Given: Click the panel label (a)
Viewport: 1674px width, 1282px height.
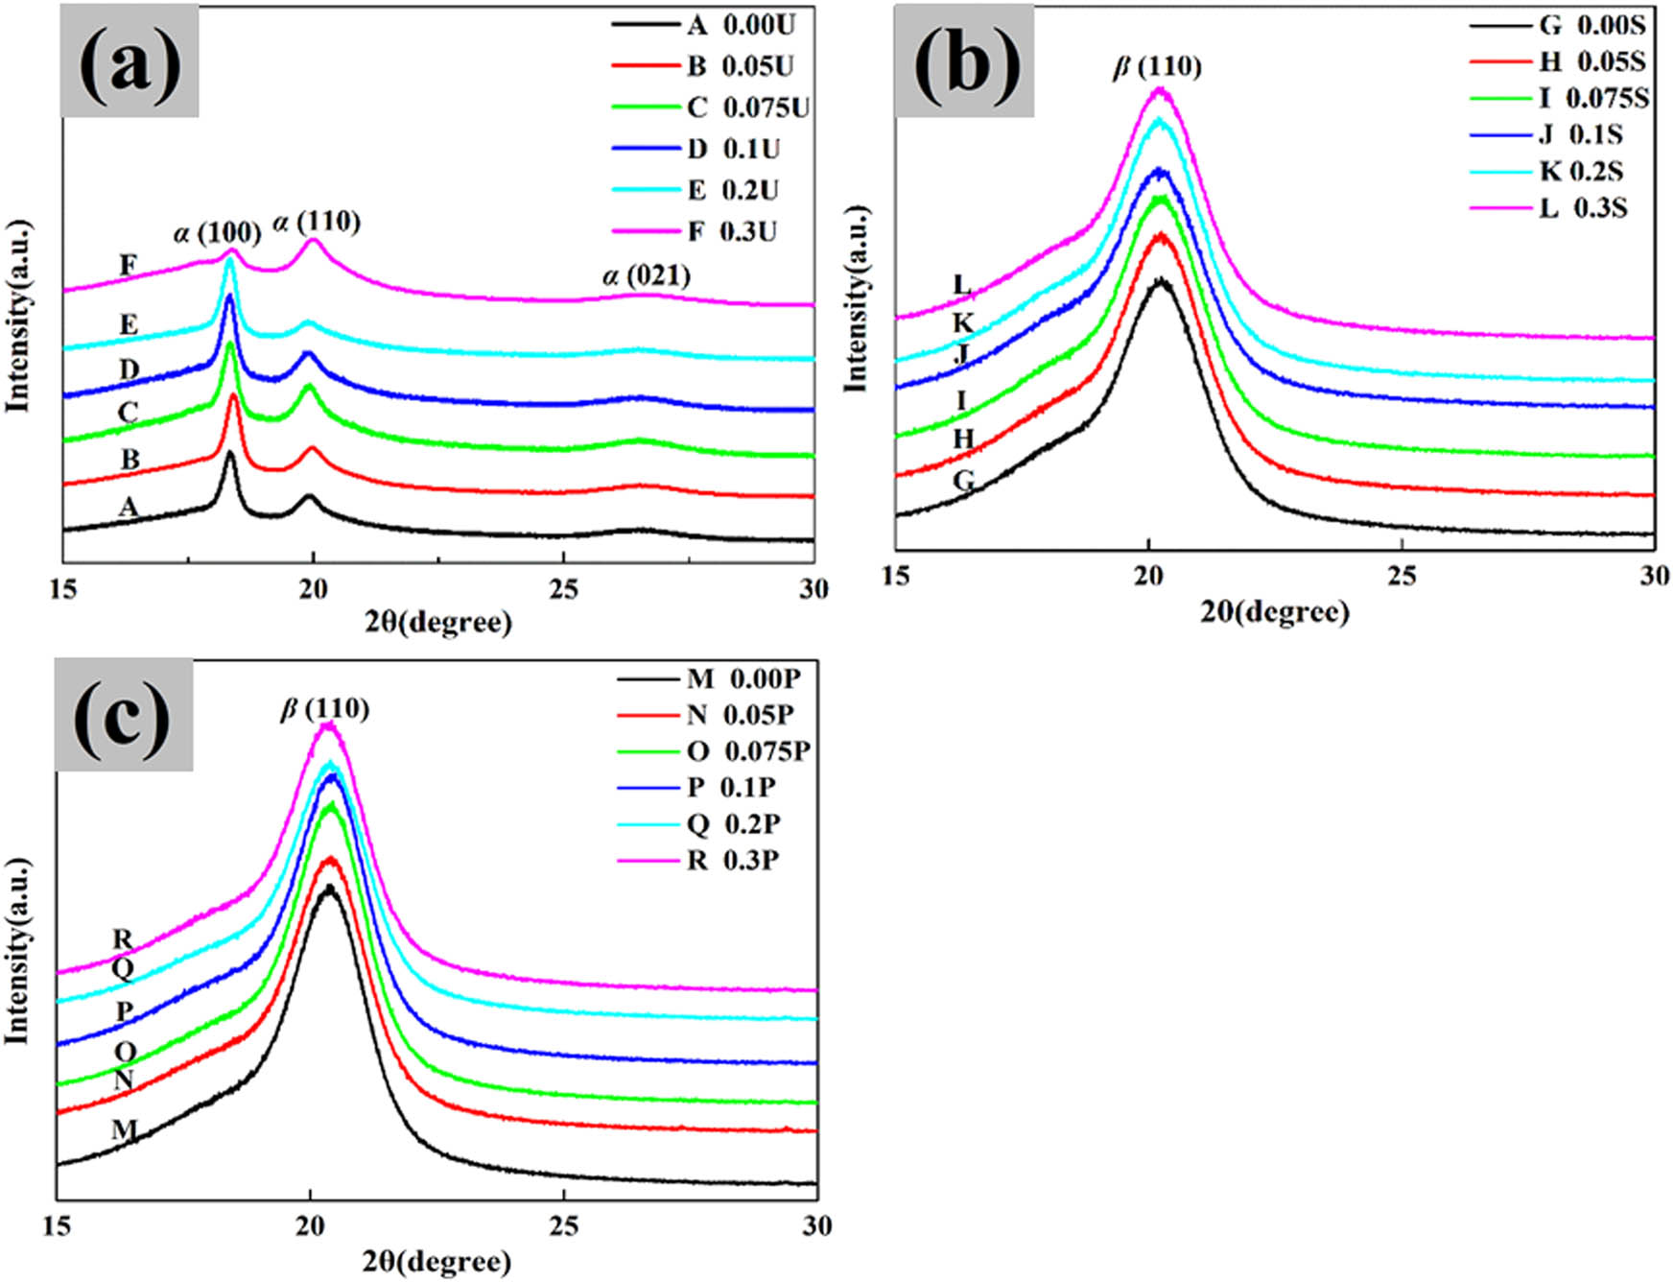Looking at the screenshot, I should tap(130, 61).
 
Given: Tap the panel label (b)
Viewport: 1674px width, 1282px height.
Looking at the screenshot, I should tap(963, 61).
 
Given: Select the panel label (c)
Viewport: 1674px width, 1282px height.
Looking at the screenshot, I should tap(123, 715).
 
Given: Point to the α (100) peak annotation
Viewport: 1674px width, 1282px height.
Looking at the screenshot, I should tap(217, 232).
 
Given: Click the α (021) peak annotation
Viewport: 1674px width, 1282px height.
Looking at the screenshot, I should tap(647, 276).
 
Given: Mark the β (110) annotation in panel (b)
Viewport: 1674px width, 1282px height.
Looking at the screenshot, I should tap(1157, 67).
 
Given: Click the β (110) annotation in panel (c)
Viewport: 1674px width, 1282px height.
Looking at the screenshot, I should tap(324, 709).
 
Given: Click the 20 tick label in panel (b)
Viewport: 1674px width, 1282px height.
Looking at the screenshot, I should tap(1148, 576).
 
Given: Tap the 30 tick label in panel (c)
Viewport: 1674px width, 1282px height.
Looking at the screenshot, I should tap(816, 1226).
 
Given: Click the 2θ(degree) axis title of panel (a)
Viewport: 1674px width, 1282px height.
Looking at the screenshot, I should tap(438, 623).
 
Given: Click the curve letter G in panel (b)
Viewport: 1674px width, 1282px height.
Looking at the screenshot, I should tap(963, 481).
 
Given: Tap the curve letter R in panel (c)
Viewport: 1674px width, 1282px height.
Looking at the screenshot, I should tap(123, 938).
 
